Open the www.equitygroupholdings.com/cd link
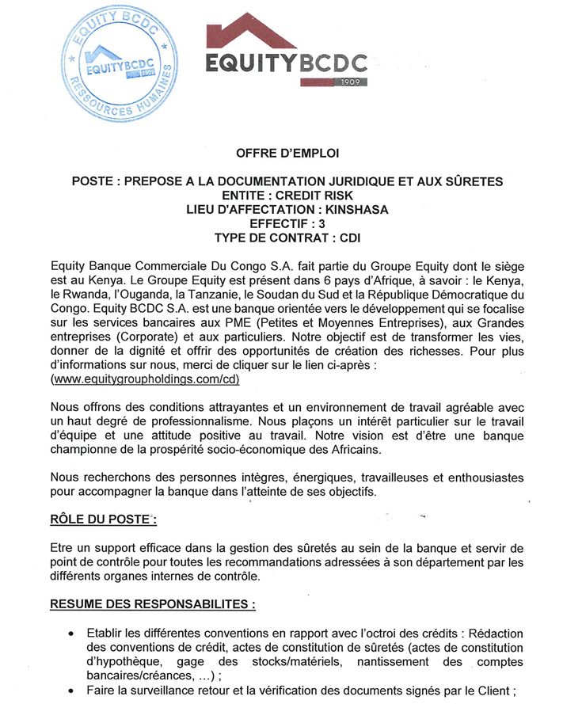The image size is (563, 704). tap(145, 379)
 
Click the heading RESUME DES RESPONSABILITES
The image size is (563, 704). tap(153, 604)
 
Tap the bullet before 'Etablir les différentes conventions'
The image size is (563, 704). tap(71, 634)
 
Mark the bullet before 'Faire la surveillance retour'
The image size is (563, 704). tap(71, 691)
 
